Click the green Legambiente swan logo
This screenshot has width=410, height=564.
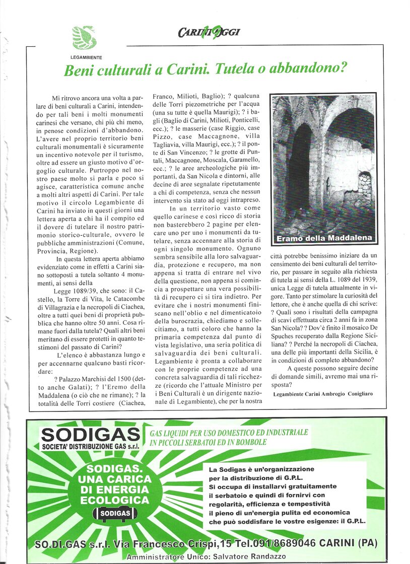click(x=84, y=37)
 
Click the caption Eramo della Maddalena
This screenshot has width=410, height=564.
click(x=324, y=238)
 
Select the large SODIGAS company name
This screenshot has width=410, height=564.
click(x=90, y=434)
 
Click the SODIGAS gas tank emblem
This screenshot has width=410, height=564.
click(x=114, y=513)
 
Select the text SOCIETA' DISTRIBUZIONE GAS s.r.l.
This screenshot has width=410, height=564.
click(x=90, y=446)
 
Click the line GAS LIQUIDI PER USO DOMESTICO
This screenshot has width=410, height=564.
click(x=229, y=433)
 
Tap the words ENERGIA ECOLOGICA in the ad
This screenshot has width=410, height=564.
click(x=114, y=495)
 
